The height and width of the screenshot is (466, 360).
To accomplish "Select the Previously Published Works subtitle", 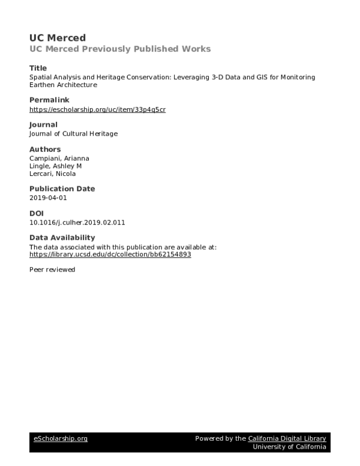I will pos(120,49).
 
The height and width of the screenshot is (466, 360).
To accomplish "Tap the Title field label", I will pos(38,68).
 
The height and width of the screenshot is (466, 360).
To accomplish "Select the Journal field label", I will pos(43,124).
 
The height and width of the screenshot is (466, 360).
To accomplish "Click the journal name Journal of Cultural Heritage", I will pos(73,134).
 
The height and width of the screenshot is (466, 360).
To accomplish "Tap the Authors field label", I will pos(45,149).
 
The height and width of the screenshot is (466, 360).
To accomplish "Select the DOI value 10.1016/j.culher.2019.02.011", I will pos(77,222).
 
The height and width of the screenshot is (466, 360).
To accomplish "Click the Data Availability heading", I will pos(62,238).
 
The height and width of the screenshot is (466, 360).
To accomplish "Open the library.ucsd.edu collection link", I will pos(110,254).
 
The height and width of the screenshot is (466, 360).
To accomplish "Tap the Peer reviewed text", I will pos(52,270).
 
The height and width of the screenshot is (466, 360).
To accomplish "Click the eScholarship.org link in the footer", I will pos(60,439).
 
